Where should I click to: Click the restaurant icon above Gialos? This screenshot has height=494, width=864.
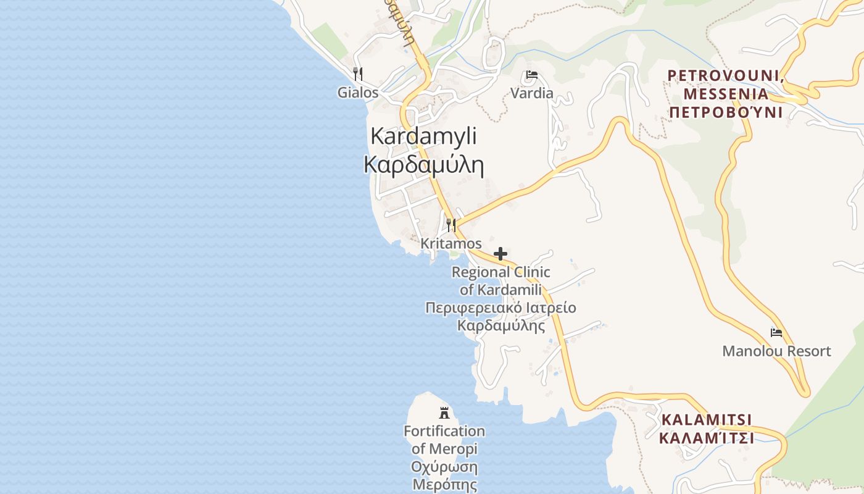pyautogui.click(x=357, y=74)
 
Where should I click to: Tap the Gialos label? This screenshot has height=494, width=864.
pyautogui.click(x=357, y=93)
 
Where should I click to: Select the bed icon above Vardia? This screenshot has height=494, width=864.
pyautogui.click(x=532, y=76)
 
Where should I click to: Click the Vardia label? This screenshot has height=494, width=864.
pyautogui.click(x=532, y=94)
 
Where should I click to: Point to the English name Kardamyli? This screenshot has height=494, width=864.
pyautogui.click(x=423, y=136)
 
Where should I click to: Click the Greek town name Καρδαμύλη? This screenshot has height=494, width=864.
pyautogui.click(x=423, y=165)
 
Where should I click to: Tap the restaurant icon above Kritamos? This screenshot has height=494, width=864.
pyautogui.click(x=451, y=225)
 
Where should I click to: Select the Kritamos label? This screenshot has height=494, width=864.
pyautogui.click(x=451, y=244)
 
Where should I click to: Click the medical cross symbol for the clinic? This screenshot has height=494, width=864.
pyautogui.click(x=501, y=254)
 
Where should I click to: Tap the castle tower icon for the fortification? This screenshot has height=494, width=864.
pyautogui.click(x=444, y=412)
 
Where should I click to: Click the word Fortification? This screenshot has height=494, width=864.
pyautogui.click(x=444, y=431)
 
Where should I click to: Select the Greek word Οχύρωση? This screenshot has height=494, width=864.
pyautogui.click(x=444, y=467)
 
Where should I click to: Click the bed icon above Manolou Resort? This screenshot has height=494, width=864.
pyautogui.click(x=776, y=333)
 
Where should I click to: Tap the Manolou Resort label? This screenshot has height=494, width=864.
pyautogui.click(x=776, y=351)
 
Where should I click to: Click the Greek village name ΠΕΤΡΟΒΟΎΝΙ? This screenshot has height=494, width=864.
pyautogui.click(x=726, y=112)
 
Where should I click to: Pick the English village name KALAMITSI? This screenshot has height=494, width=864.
pyautogui.click(x=707, y=420)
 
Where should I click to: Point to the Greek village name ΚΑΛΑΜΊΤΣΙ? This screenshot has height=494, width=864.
pyautogui.click(x=707, y=438)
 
